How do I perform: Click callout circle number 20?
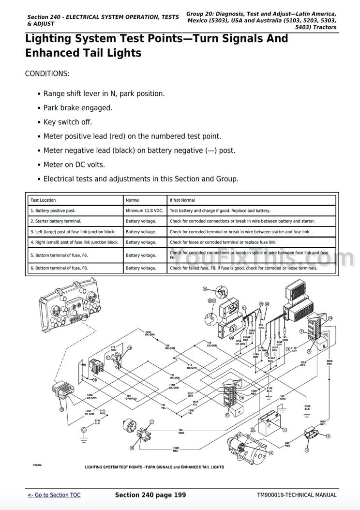click(x=61, y=409)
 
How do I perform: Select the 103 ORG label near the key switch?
click(x=180, y=430)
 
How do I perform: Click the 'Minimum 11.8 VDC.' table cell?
click(x=144, y=211)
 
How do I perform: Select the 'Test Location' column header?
click(x=43, y=200)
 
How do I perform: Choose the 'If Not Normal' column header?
click(x=182, y=200)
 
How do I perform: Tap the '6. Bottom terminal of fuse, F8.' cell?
click(x=60, y=268)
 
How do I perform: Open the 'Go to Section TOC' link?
click(x=54, y=495)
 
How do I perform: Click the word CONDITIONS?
click(x=47, y=74)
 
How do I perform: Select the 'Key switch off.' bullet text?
click(x=67, y=122)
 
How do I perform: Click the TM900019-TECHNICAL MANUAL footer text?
click(x=297, y=495)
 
